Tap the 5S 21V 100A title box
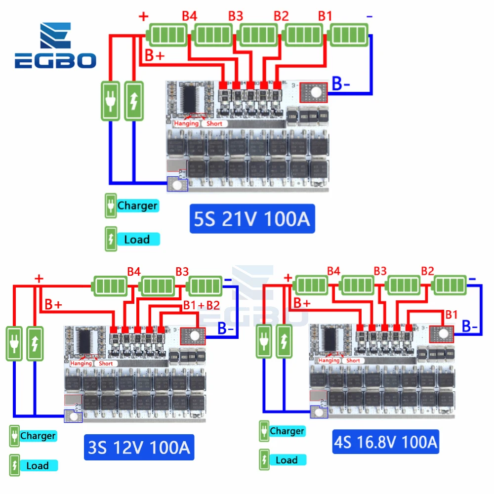252,218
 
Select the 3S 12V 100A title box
139,448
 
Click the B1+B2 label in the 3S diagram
201,305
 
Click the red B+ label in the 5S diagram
154,56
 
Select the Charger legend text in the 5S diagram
137,206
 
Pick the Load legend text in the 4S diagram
287,460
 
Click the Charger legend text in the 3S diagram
38,436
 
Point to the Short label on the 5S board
214,123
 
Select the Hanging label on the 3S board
81,363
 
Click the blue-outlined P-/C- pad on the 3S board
73,416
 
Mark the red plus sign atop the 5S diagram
144,17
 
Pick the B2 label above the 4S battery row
428,270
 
